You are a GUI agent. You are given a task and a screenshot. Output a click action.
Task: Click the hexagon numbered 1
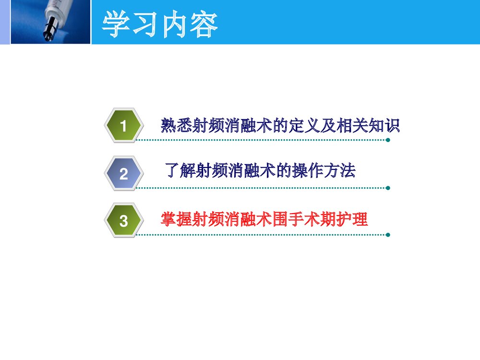124,126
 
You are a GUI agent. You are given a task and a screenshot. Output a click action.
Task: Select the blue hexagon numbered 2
124,173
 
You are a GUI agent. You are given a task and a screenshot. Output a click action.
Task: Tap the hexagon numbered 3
124,221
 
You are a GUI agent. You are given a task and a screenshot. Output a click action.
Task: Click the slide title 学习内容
160,25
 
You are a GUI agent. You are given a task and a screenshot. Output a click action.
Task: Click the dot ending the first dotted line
388,140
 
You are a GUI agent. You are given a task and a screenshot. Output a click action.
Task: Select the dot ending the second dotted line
388,188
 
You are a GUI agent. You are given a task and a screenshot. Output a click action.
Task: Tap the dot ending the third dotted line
388,235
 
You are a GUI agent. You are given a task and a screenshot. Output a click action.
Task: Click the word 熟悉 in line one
176,126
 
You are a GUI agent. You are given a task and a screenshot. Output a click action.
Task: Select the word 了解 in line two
179,171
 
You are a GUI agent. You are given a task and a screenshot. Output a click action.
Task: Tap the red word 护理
353,219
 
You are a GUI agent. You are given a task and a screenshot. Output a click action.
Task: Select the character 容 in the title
204,25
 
